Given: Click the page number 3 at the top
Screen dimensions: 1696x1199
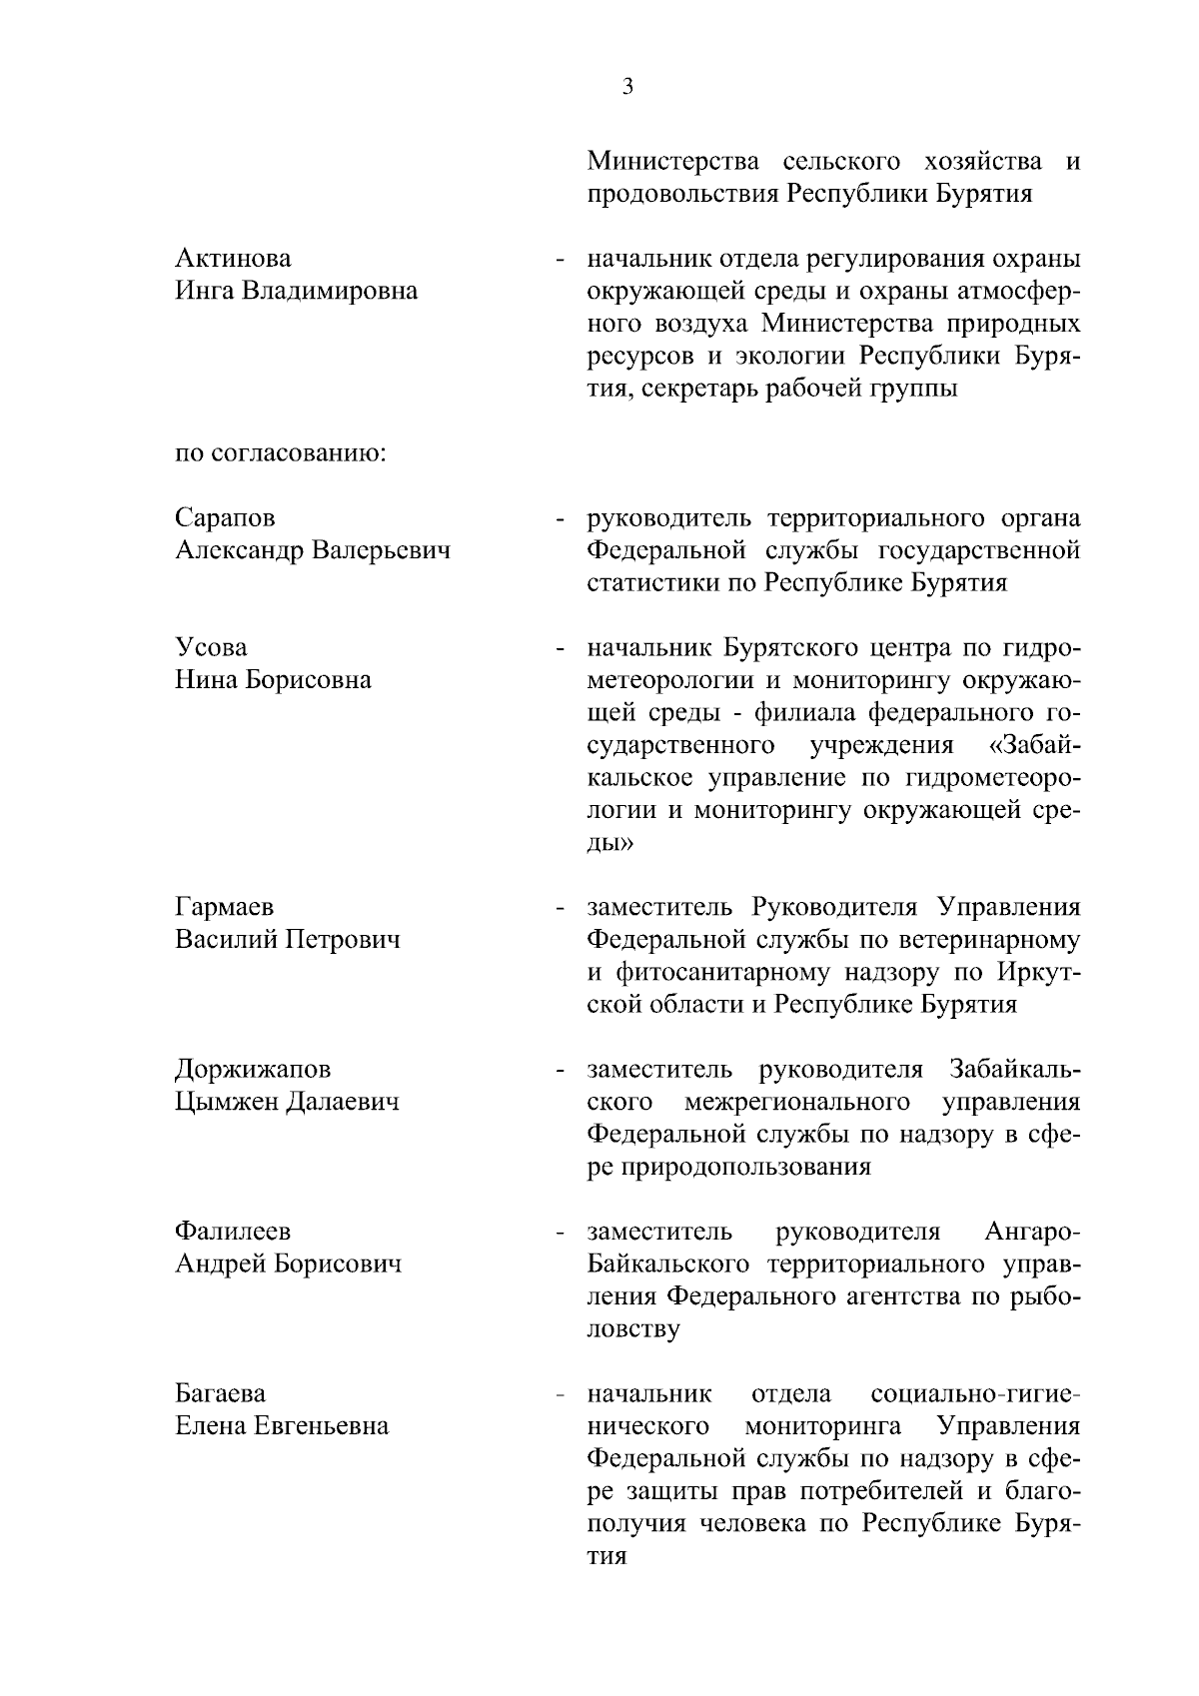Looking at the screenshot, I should pyautogui.click(x=627, y=87).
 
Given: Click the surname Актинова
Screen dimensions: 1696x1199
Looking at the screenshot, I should pyautogui.click(x=233, y=259).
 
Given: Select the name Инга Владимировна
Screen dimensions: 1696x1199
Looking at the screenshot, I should pyautogui.click(x=296, y=292).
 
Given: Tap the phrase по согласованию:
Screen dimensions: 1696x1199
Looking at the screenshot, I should pyautogui.click(x=280, y=453).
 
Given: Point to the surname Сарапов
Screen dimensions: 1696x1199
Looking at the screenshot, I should pyautogui.click(x=225, y=518).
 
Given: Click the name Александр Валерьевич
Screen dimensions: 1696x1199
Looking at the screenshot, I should pyautogui.click(x=312, y=550).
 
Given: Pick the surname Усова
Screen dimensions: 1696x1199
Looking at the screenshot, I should pyautogui.click(x=211, y=648).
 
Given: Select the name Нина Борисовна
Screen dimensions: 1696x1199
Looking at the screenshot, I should pyautogui.click(x=273, y=680).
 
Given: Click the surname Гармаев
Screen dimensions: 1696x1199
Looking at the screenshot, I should pyautogui.click(x=225, y=908).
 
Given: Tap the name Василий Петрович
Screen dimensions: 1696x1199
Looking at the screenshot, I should pyautogui.click(x=288, y=940).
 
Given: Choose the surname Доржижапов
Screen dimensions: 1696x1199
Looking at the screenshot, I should pyautogui.click(x=253, y=1070).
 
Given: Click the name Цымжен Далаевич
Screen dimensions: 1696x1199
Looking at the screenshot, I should pyautogui.click(x=287, y=1103).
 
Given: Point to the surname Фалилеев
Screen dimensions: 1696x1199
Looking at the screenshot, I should pyautogui.click(x=233, y=1232).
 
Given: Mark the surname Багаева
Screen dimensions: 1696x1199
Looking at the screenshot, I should pyautogui.click(x=221, y=1393).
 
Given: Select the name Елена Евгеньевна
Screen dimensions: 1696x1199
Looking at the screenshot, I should pyautogui.click(x=282, y=1426).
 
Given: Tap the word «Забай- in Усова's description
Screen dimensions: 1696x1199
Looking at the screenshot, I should pyautogui.click(x=1032, y=745).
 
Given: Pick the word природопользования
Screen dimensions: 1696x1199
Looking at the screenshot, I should pyautogui.click(x=728, y=1168).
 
